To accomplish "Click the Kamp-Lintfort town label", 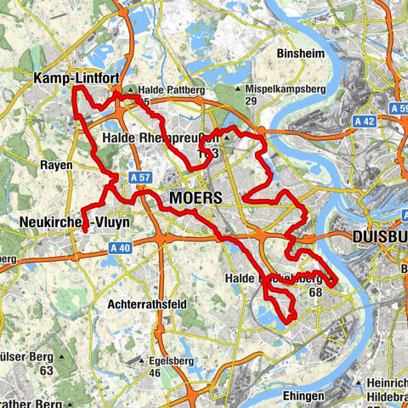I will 74,78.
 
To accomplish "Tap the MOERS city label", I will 195,197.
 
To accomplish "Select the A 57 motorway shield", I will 141,177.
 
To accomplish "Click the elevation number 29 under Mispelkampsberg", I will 251,101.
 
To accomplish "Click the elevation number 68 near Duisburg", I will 315,292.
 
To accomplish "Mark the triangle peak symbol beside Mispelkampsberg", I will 239,88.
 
